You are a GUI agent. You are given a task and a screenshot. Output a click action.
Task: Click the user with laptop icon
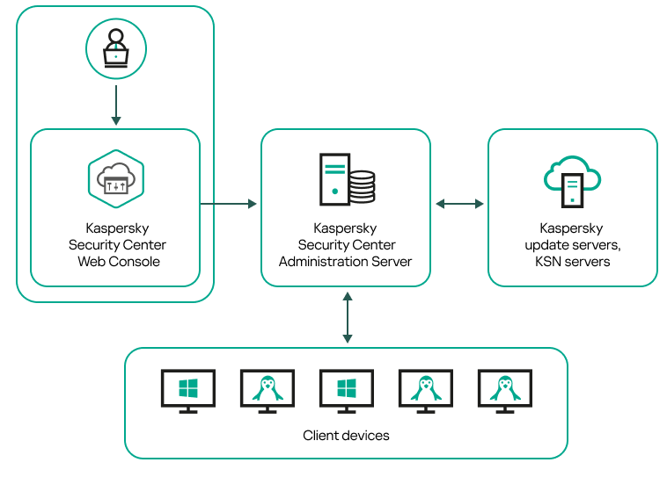click(115, 48)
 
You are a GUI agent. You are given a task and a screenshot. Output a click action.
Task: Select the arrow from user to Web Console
click(115, 105)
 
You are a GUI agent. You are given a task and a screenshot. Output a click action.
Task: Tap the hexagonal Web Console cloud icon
click(115, 178)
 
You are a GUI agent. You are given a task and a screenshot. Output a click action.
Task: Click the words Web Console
click(119, 261)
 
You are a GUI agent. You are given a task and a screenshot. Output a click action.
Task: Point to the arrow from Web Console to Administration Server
click(229, 204)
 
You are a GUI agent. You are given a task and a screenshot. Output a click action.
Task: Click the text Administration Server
click(345, 261)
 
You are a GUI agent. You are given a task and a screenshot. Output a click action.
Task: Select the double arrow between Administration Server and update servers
click(459, 204)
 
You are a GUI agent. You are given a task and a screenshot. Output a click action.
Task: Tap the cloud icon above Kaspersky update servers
click(572, 179)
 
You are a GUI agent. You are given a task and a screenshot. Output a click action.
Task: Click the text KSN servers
click(572, 261)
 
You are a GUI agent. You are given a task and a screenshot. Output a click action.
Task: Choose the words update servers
click(572, 244)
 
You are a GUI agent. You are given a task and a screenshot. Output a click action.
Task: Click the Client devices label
click(346, 436)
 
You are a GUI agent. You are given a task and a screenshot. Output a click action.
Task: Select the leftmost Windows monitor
click(187, 388)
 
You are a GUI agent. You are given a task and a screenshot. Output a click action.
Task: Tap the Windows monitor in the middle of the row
click(346, 388)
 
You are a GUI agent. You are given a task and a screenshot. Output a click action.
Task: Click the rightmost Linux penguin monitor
click(504, 388)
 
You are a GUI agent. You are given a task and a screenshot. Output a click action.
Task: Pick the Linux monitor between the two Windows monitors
click(267, 388)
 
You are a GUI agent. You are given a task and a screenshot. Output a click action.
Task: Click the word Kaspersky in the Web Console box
click(117, 228)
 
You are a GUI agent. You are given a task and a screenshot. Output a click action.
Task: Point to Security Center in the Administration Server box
click(346, 245)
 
